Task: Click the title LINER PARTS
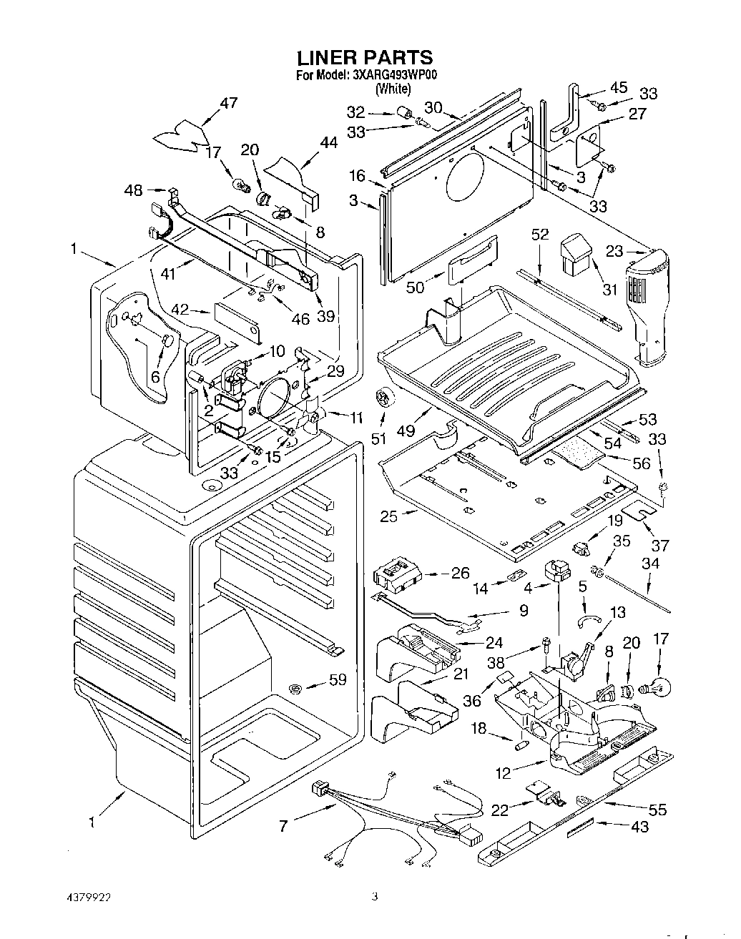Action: [365, 58]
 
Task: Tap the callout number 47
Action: [229, 103]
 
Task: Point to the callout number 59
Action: [338, 679]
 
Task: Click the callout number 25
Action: [388, 516]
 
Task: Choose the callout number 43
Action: [639, 827]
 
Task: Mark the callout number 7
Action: [283, 826]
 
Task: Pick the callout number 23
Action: [614, 252]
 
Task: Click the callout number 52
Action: [540, 235]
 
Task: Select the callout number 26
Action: [460, 573]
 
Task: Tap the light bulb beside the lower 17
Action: [654, 688]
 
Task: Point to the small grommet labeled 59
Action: [296, 688]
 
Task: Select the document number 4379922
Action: [89, 897]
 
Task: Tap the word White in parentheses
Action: [393, 89]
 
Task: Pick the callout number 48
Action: [134, 190]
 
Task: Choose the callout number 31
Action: [610, 290]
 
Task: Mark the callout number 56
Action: [642, 463]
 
